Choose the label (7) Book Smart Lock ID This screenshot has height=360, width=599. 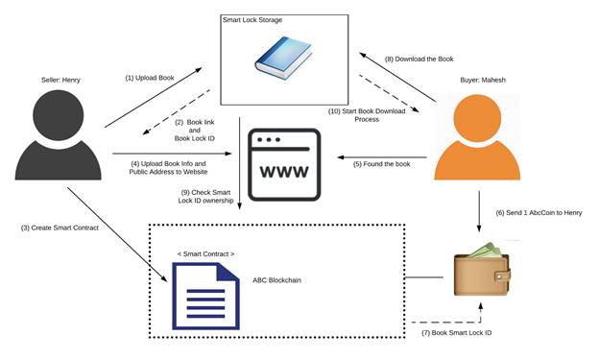(460, 332)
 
